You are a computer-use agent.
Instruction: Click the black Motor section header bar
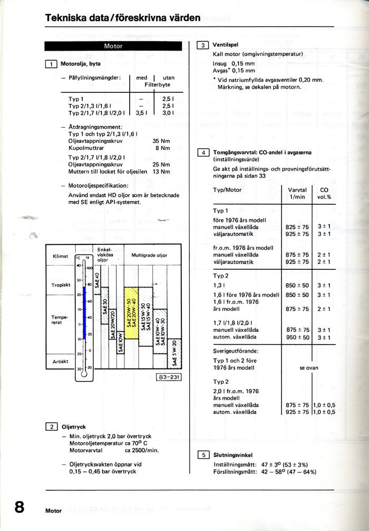(x=113, y=46)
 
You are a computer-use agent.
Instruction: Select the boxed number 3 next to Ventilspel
(x=202, y=45)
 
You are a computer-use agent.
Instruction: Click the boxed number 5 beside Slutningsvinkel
(x=202, y=454)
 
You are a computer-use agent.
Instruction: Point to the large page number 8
(x=20, y=508)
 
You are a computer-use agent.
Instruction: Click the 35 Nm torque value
(x=161, y=141)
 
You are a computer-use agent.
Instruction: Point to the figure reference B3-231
(x=168, y=377)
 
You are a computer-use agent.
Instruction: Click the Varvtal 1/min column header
(x=297, y=193)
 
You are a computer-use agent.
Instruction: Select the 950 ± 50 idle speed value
(x=297, y=337)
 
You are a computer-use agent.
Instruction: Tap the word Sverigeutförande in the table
(x=236, y=350)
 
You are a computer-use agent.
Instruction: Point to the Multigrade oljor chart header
(x=149, y=255)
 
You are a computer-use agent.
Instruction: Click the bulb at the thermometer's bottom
(x=83, y=375)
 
